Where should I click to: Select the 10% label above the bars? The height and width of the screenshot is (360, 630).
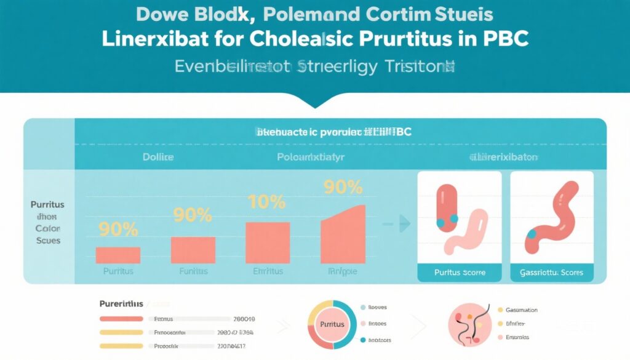coord(266,202)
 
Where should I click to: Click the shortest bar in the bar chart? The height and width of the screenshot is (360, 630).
coord(118,255)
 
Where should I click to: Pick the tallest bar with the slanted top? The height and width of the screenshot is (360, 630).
coord(343,236)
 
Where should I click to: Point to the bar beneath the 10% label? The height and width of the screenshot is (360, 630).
coord(268,242)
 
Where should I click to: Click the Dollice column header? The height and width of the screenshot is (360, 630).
coord(158,157)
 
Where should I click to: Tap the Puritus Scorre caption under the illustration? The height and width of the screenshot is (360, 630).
coord(460,272)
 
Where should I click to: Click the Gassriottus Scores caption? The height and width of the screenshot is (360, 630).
coord(552,272)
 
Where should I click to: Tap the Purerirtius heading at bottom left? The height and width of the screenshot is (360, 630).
coord(121,304)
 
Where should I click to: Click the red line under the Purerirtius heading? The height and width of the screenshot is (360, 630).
coord(121,319)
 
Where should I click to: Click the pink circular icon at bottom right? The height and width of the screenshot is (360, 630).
coord(469,324)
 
